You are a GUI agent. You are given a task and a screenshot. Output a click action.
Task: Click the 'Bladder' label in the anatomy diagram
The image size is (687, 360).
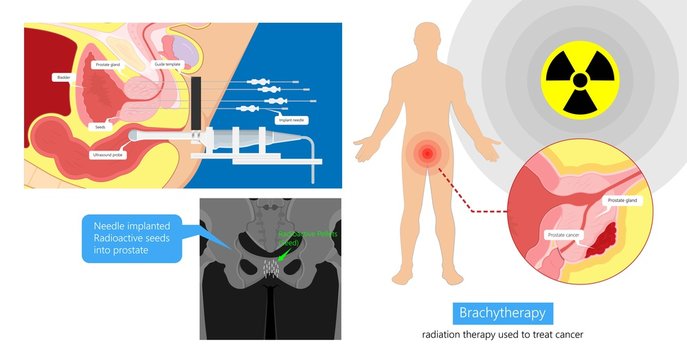(x=64, y=76)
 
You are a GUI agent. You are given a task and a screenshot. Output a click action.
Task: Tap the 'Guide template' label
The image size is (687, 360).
(x=168, y=64)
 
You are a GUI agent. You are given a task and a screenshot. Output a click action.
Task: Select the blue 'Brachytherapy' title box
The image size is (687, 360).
(x=500, y=312)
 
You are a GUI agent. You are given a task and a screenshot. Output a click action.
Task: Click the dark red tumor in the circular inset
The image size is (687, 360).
(x=603, y=239)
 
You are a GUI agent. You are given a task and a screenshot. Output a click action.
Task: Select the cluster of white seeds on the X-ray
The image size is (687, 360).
(x=269, y=268)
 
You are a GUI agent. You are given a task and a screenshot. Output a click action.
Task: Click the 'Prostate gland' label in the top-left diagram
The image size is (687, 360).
(x=108, y=63)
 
